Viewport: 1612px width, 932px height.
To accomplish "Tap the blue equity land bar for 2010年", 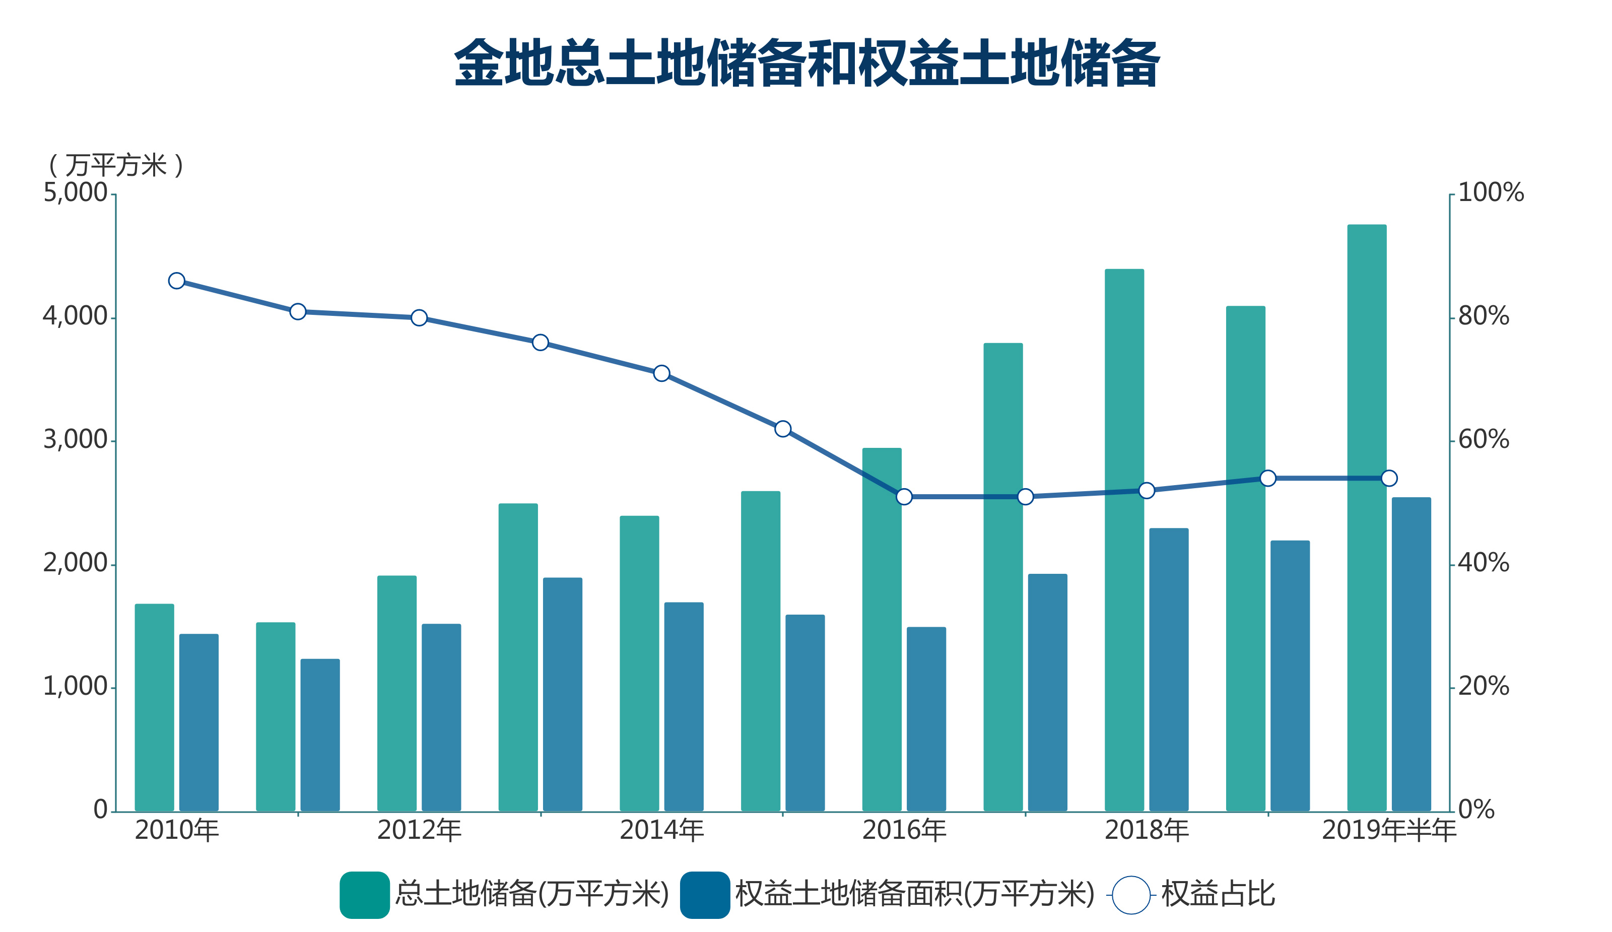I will click(x=199, y=723).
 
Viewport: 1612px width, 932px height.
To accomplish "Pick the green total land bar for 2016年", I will click(x=882, y=630).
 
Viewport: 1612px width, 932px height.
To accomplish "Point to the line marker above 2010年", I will click(x=176, y=281).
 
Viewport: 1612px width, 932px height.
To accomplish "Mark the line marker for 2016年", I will click(x=904, y=496).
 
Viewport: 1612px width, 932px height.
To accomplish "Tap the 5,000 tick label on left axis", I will click(x=75, y=192).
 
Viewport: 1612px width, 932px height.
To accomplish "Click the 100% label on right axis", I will click(x=1491, y=192).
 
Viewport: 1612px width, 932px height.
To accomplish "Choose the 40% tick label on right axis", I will click(x=1484, y=563).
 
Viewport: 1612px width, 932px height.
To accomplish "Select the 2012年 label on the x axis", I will click(x=419, y=830).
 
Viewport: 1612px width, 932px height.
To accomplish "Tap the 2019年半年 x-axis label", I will click(x=1389, y=830).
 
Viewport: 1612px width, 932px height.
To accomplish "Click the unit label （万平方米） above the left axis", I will click(x=116, y=166).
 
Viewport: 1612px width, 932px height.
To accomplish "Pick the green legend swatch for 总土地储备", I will click(x=365, y=895).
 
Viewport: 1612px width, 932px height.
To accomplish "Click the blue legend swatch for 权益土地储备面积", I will click(x=705, y=895).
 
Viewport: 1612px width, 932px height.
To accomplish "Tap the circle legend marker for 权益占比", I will click(x=1131, y=895).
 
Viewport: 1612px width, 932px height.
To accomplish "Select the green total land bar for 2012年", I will click(x=396, y=693).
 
